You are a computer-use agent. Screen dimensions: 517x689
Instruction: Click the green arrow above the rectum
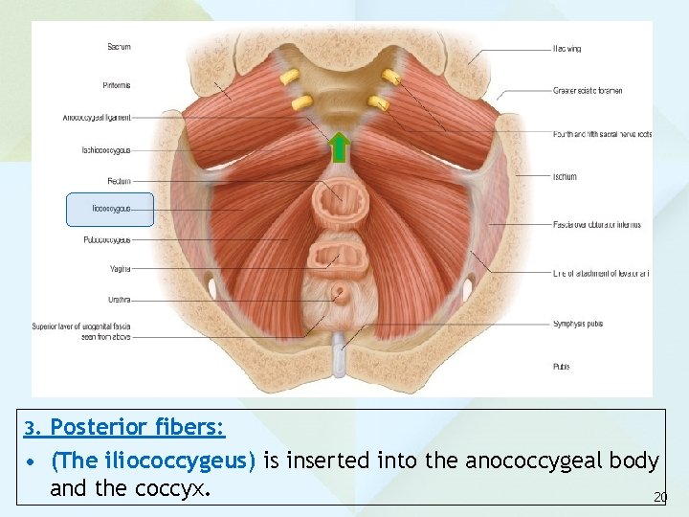coord(339,150)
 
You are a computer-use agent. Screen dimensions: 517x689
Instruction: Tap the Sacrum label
coord(119,46)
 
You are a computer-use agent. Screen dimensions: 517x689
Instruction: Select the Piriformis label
coord(117,85)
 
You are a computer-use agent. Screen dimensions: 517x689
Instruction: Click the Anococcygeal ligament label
coord(97,118)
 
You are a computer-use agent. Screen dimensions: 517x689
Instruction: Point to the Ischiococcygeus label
coord(106,150)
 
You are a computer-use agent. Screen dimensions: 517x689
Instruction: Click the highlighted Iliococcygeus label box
coord(110,209)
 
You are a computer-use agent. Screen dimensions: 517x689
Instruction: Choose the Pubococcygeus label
coord(106,240)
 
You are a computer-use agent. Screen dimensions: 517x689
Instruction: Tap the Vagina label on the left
coord(120,269)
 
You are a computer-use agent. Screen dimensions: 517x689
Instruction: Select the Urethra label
coord(119,299)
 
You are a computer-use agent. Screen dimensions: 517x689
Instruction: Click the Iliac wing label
coord(567,48)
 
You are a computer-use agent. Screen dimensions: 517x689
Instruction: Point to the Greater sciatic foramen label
coord(588,91)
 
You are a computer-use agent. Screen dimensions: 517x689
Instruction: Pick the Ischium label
coord(565,176)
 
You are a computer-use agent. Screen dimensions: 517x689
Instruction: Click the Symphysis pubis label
coord(578,324)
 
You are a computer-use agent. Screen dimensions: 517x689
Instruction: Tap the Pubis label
coord(562,366)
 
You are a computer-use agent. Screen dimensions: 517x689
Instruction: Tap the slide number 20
coord(659,497)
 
